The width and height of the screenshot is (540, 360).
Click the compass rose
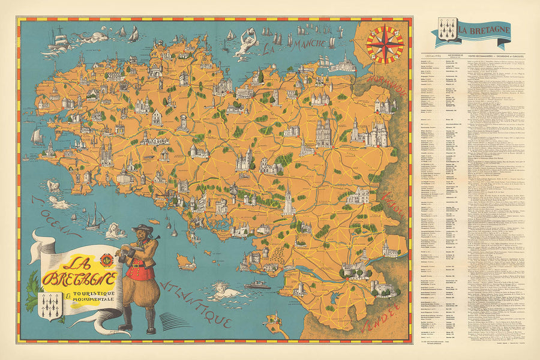385,44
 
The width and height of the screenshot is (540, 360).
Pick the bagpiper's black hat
142,230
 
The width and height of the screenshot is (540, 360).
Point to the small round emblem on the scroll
108,262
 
